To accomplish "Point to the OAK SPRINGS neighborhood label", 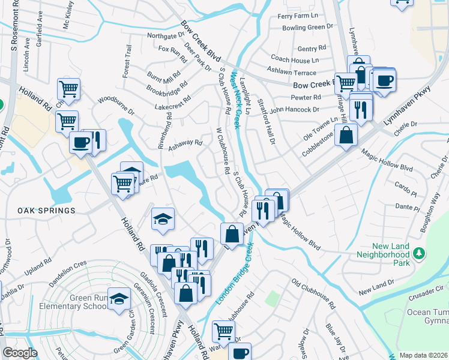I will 46,211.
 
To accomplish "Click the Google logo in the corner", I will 20,353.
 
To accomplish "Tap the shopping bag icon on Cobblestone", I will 346,135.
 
